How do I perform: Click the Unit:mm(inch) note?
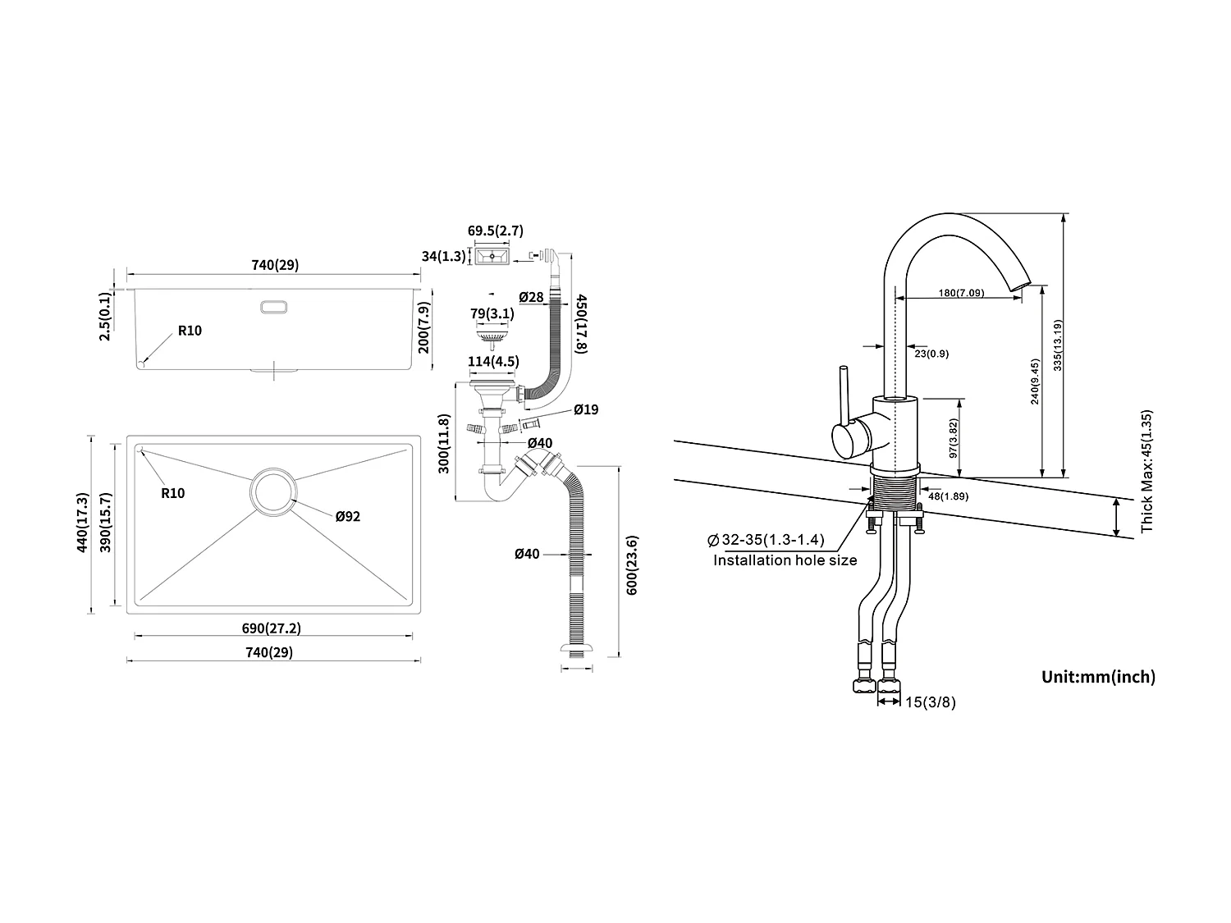coord(1098,677)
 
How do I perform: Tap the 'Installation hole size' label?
coord(785,560)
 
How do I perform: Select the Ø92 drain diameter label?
coord(347,516)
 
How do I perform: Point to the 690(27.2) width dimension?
coord(272,628)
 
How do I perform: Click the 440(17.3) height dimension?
coord(81,522)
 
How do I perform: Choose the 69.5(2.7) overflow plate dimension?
coord(495,231)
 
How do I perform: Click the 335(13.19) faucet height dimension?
coord(1058,345)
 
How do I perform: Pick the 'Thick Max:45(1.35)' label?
coord(1147,471)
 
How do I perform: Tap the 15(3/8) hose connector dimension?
coord(929,702)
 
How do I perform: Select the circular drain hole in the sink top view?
coord(272,491)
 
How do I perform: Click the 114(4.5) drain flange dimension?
coord(492,361)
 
